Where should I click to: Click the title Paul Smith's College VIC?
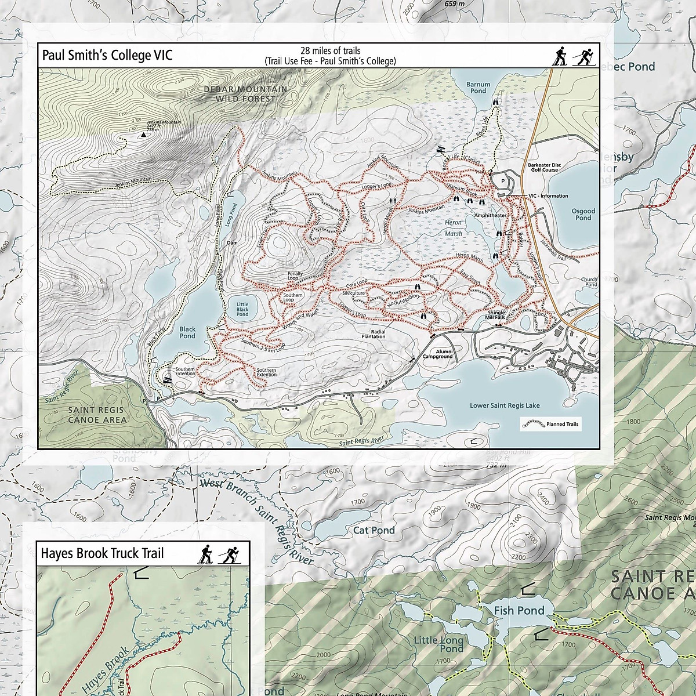click(x=107, y=56)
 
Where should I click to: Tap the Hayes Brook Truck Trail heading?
click(x=102, y=553)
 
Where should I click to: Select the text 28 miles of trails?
click(x=330, y=51)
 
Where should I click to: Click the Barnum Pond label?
click(x=478, y=88)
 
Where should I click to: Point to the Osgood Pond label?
click(x=583, y=215)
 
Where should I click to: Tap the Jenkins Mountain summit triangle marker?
click(x=143, y=135)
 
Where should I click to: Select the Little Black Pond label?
click(x=242, y=309)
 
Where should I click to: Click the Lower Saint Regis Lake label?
click(x=505, y=406)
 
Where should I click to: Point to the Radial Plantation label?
click(x=374, y=333)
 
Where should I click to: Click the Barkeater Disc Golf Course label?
click(x=542, y=168)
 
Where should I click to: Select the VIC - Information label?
click(x=549, y=196)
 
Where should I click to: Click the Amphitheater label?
click(x=490, y=215)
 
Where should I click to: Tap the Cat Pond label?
click(x=374, y=530)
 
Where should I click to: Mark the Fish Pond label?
click(x=519, y=610)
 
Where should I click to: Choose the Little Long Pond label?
click(x=438, y=644)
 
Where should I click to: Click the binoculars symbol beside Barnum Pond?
click(x=496, y=101)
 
